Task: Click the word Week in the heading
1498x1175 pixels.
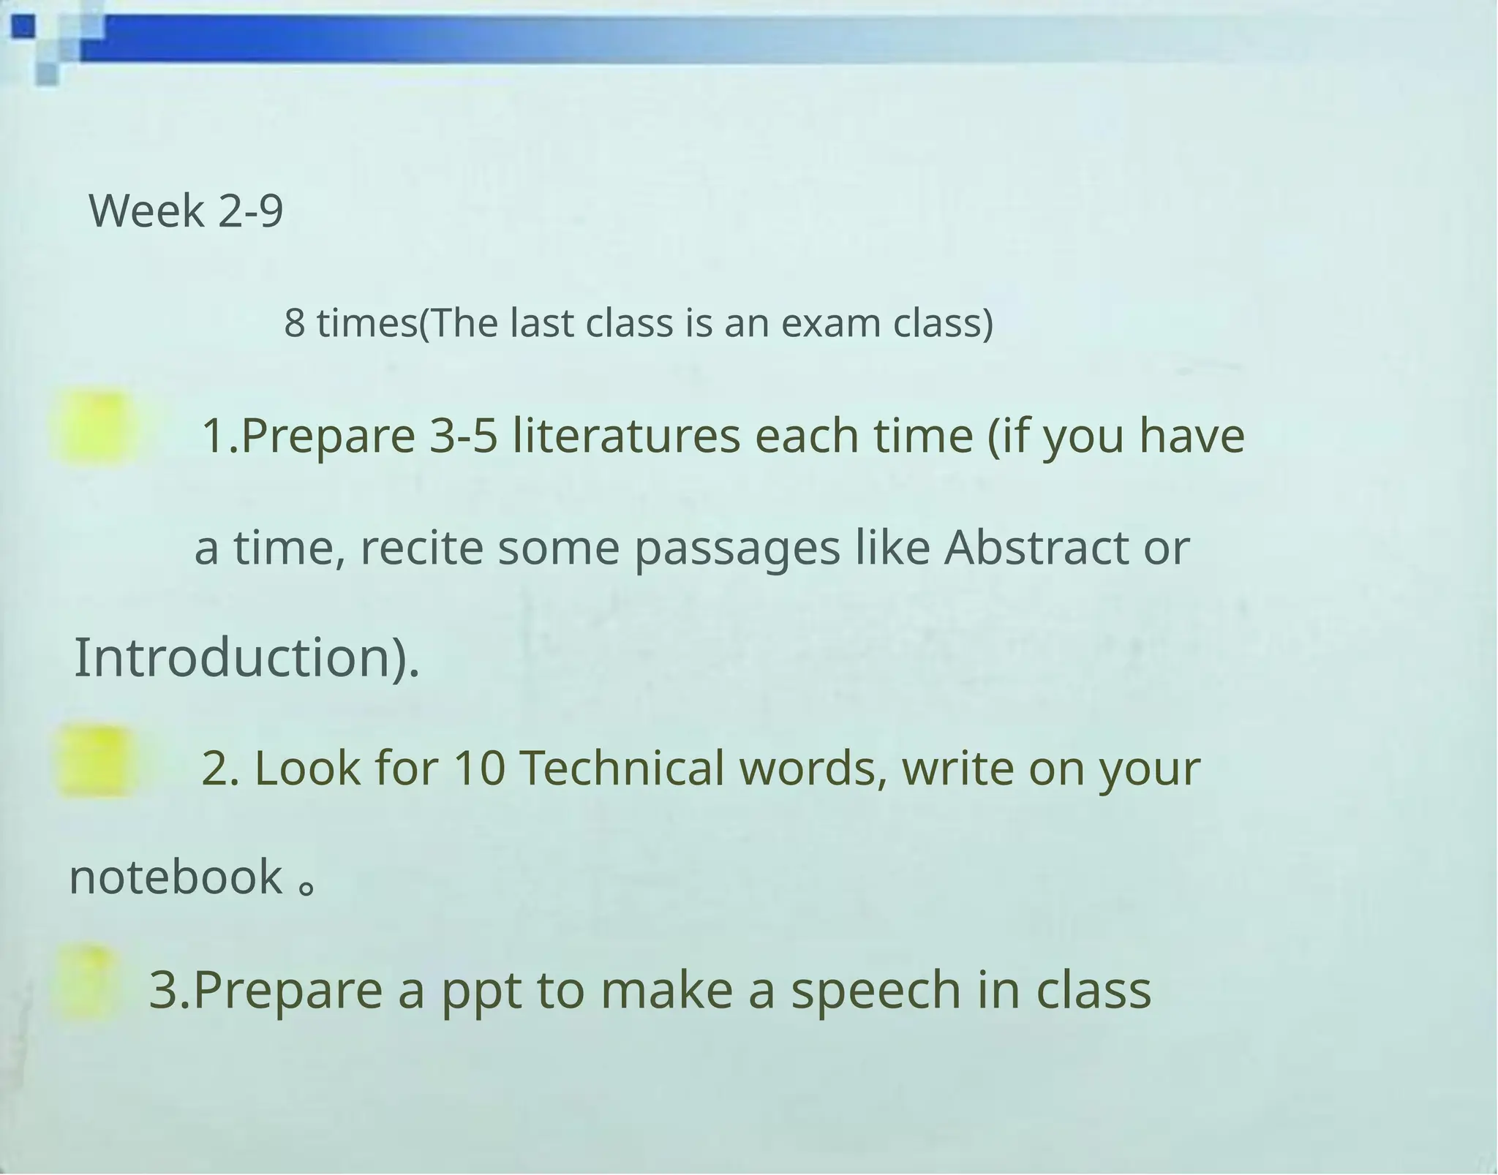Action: click(x=146, y=211)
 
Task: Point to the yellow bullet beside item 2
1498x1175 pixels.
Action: click(x=97, y=760)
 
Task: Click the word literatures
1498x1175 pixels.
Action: click(x=626, y=436)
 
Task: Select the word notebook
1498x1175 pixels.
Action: click(x=176, y=877)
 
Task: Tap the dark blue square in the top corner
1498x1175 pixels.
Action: click(x=23, y=27)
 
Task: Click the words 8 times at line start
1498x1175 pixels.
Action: click(x=350, y=323)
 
